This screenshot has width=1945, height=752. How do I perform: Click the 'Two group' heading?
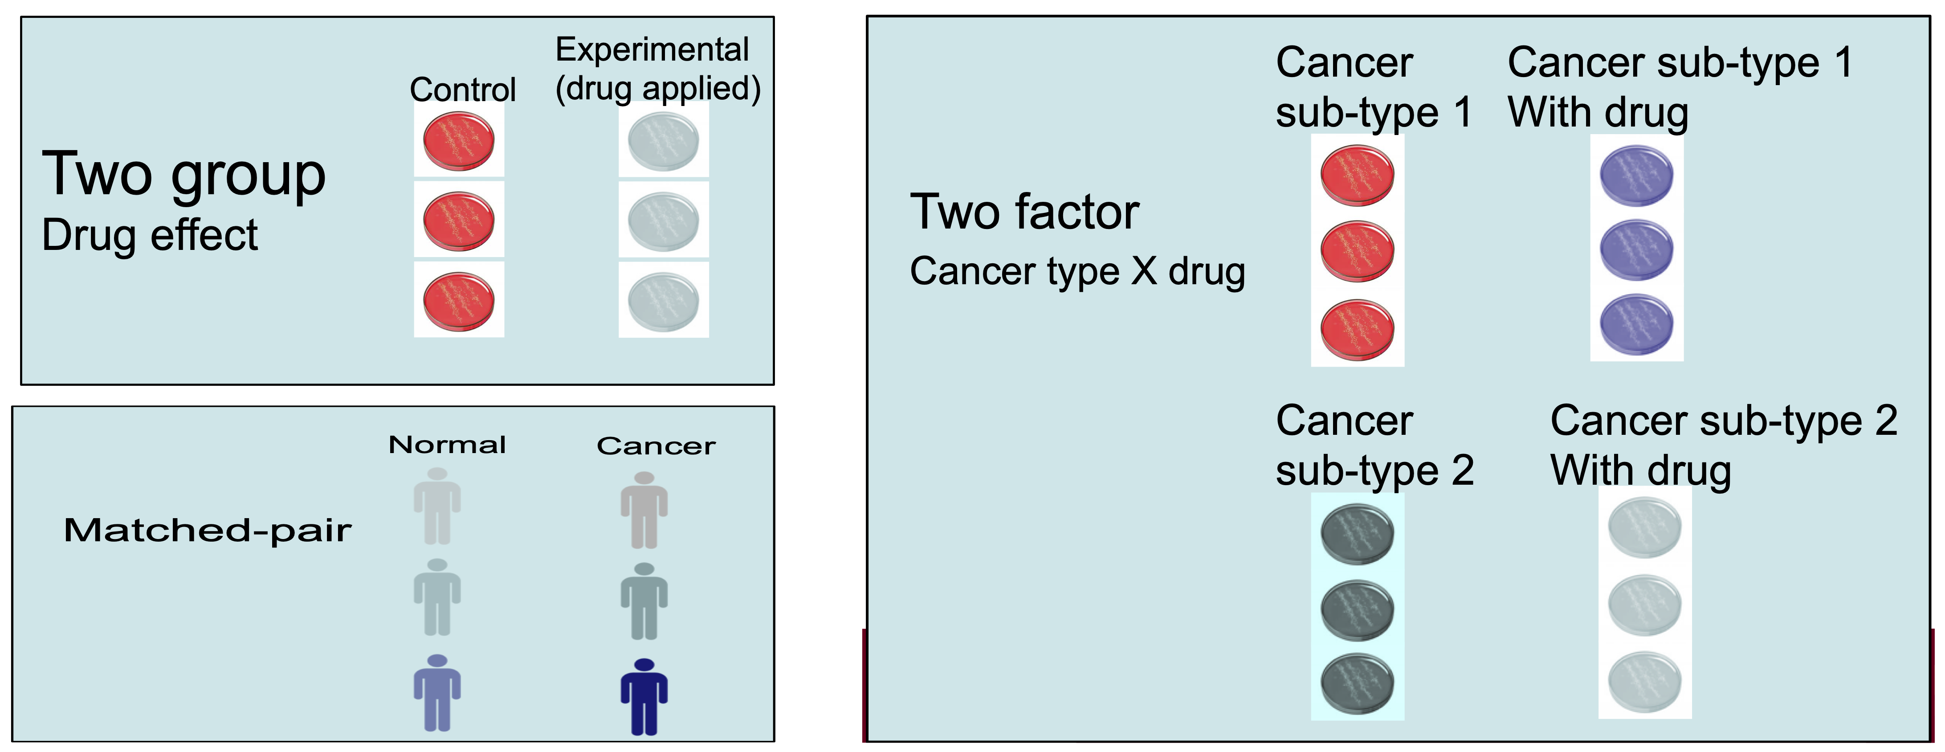183,174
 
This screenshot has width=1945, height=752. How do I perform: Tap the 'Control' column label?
462,90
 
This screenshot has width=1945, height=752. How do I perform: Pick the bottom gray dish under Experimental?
663,301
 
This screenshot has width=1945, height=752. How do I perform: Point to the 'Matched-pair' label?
208,531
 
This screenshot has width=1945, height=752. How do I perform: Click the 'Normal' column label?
447,445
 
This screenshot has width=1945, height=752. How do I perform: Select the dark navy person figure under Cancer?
644,696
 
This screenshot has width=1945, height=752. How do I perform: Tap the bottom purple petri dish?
1636,324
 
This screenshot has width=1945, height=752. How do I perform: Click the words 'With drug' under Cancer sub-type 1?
1598,113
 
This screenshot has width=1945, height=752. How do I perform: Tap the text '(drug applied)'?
658,88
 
